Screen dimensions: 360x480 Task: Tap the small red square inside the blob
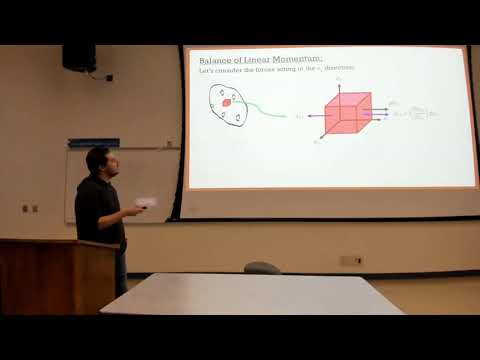point(227,102)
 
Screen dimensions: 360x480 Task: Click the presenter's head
point(98,160)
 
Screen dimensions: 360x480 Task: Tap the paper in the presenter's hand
point(146,202)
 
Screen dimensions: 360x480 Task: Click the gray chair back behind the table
point(262,268)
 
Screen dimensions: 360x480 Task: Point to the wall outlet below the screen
point(350,260)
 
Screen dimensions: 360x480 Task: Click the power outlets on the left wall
point(29,209)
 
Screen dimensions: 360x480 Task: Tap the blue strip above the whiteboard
point(93,143)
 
